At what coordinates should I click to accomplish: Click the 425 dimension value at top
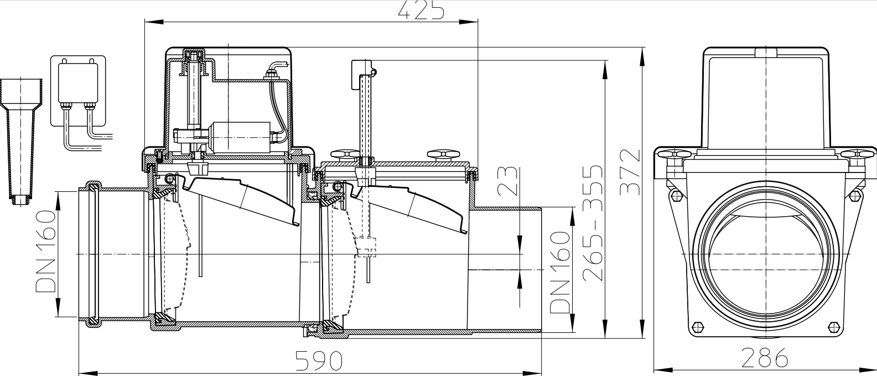click(x=421, y=10)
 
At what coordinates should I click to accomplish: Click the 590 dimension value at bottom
click(x=319, y=361)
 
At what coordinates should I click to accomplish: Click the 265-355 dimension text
click(x=593, y=221)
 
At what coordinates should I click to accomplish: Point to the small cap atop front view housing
click(x=766, y=53)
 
